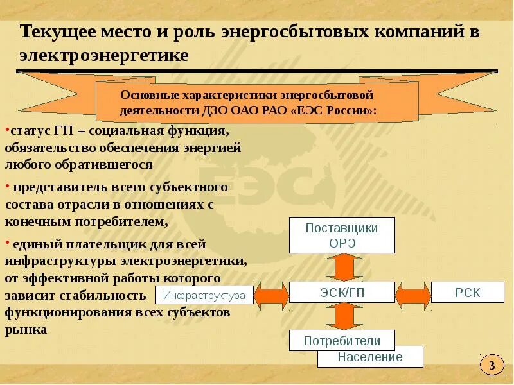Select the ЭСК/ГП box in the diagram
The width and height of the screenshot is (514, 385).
[341, 293]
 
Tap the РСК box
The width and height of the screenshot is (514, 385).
[468, 293]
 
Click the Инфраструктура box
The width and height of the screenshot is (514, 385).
[204, 295]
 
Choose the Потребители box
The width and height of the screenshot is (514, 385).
[342, 341]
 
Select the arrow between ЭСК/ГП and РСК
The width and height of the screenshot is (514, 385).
[412, 294]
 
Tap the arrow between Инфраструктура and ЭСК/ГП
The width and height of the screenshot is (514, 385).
[271, 295]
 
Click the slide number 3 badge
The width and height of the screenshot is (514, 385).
[492, 366]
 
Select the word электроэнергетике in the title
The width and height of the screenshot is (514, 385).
[103, 56]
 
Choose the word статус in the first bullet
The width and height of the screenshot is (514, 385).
[29, 131]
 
